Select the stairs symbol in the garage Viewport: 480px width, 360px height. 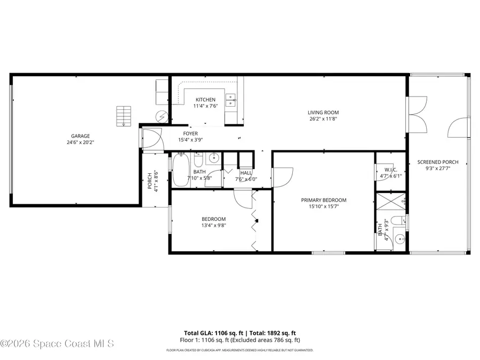coord(124,115)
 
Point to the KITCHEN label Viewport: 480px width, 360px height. coord(205,100)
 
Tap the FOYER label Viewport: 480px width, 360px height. coord(190,133)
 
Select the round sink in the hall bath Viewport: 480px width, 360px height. coord(214,157)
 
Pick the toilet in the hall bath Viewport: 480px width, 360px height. coord(198,161)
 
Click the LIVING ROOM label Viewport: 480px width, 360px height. coord(323,113)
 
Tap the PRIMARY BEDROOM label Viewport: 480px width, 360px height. coord(323,200)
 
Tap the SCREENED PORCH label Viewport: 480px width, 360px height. coord(437,162)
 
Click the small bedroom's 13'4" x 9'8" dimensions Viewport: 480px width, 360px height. coord(213,226)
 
